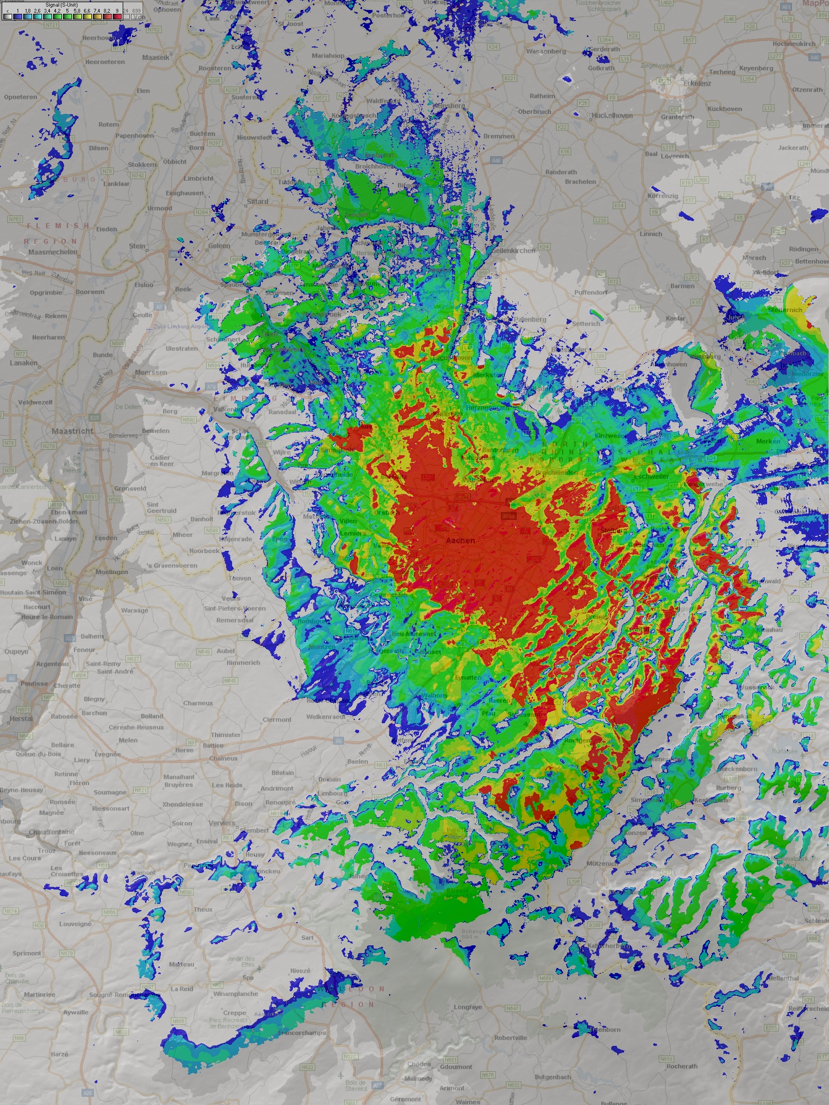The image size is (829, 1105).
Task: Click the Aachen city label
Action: [x=460, y=540]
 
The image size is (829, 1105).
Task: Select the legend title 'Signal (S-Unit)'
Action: [x=61, y=5]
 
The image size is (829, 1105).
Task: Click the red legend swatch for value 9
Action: [x=116, y=17]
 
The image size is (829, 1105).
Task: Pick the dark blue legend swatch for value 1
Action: [x=18, y=17]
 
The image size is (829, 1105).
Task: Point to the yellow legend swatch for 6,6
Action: [x=87, y=17]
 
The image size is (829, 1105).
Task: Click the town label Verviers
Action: [x=222, y=823]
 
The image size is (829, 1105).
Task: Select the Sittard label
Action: [x=258, y=202]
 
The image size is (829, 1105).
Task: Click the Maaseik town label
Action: [x=155, y=57]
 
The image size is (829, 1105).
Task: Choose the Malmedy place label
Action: [x=418, y=1078]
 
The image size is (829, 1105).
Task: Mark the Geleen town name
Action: [x=219, y=246]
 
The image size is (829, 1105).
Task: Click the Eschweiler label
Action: [x=652, y=476]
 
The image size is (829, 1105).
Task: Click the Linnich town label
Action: [x=650, y=234]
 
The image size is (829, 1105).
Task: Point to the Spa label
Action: [x=248, y=977]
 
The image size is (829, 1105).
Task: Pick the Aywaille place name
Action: [x=75, y=1012]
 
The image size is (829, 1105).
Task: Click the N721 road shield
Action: [x=52, y=25]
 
